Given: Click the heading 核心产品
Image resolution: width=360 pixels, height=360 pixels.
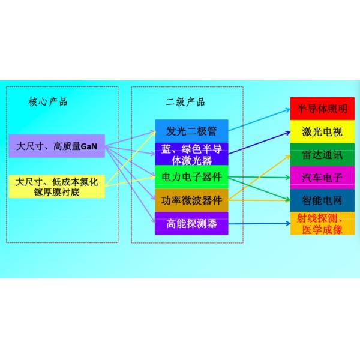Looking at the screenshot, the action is [x=48, y=101].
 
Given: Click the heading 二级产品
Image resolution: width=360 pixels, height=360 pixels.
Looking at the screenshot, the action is [x=185, y=101].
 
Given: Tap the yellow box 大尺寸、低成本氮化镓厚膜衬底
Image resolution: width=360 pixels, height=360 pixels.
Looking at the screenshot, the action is [x=58, y=186].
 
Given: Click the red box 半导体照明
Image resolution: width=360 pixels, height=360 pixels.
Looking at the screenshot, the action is [x=322, y=109].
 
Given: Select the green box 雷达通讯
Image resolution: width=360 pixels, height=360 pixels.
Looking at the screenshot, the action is [x=322, y=154].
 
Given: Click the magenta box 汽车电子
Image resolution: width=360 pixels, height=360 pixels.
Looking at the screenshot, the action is [x=322, y=177].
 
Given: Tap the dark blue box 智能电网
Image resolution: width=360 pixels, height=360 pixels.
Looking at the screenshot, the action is [x=322, y=200].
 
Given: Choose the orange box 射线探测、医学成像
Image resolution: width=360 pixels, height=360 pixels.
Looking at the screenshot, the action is [x=322, y=223].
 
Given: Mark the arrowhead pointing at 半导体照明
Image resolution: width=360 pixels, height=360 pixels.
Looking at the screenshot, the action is [x=287, y=110].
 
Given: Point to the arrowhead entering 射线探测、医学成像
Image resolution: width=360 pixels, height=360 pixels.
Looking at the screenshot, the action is [x=287, y=224].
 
